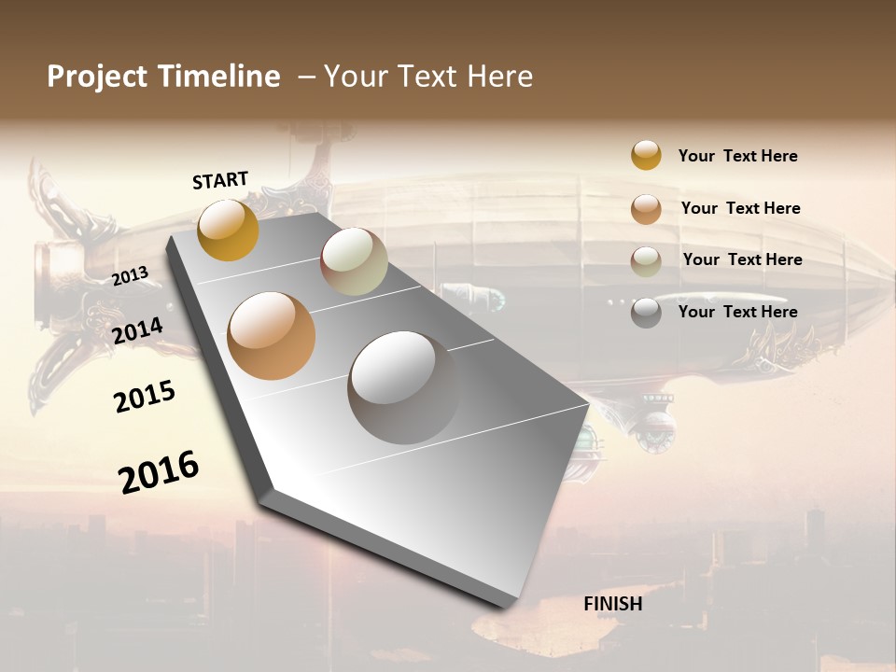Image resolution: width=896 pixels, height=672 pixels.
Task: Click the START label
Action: (220, 180)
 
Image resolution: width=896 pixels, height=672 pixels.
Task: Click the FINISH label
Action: (612, 604)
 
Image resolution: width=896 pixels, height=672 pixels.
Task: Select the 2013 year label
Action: (131, 276)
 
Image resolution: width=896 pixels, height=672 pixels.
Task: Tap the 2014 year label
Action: (138, 330)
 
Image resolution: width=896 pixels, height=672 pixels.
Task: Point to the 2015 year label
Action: (145, 397)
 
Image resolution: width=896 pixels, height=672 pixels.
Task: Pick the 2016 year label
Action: (159, 471)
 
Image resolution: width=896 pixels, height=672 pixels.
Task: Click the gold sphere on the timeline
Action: (228, 230)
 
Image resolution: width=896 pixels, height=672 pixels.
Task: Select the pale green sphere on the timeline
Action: (354, 261)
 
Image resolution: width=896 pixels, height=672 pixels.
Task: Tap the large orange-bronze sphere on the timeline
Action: (271, 336)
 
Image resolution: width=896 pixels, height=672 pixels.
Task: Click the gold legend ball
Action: (646, 156)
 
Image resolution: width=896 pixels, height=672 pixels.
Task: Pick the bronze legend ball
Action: (646, 208)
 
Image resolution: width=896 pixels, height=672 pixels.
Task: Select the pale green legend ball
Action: (646, 261)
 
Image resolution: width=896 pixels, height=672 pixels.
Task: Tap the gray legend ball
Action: (646, 313)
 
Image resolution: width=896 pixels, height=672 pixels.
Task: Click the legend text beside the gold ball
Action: (737, 156)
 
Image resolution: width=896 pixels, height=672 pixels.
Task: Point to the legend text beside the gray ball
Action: (737, 312)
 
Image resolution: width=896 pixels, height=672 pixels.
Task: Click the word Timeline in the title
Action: (220, 77)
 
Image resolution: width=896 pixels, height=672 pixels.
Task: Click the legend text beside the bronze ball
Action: (740, 208)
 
